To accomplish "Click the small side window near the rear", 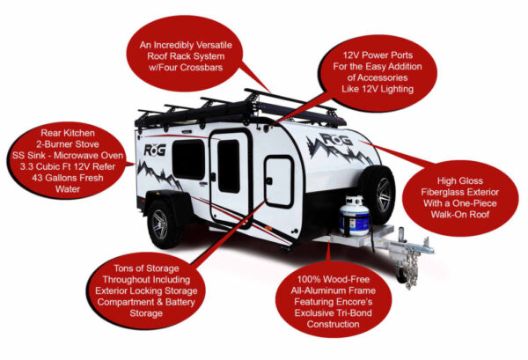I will coord(187,159).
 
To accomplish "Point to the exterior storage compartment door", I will coord(279,180).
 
